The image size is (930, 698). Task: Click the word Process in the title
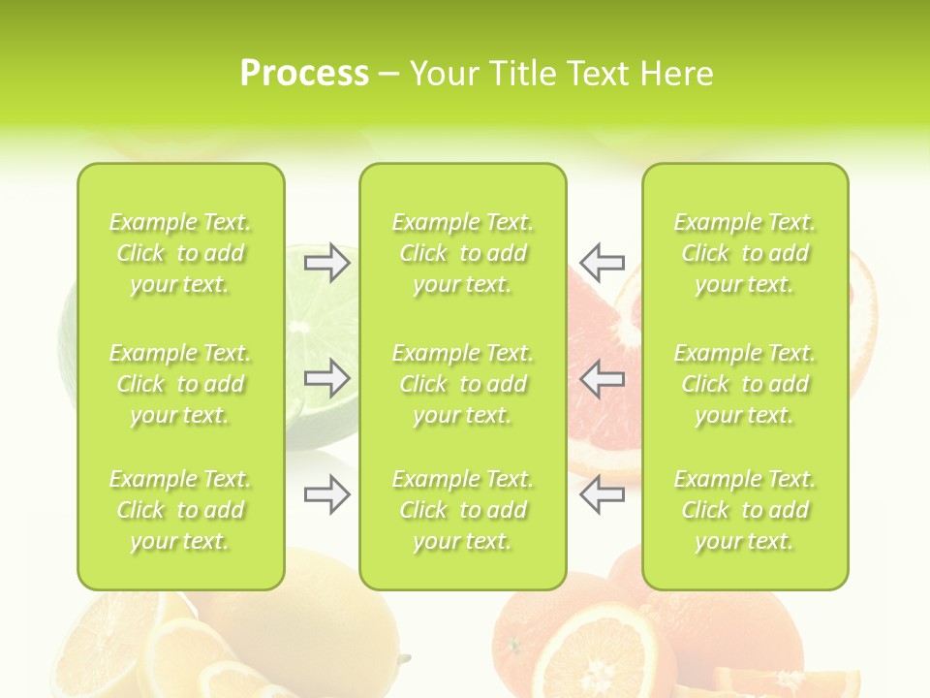click(x=304, y=74)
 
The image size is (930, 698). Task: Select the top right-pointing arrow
click(x=327, y=263)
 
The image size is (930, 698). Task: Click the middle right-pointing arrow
click(x=327, y=379)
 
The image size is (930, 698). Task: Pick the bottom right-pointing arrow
click(x=327, y=495)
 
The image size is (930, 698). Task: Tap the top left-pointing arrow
click(x=602, y=262)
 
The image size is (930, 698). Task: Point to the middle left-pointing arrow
click(x=602, y=379)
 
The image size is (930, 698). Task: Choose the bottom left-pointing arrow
click(x=602, y=495)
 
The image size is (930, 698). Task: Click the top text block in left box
click(x=180, y=253)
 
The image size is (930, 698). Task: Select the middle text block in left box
click(x=180, y=384)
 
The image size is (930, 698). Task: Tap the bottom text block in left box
click(x=180, y=510)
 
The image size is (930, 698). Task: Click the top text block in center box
click(x=463, y=253)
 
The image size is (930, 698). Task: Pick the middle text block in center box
click(x=463, y=384)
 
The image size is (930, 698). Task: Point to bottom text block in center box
click(x=463, y=510)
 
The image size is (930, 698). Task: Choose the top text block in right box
click(x=745, y=253)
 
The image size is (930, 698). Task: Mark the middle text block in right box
click(x=745, y=384)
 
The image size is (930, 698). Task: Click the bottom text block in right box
click(x=745, y=510)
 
